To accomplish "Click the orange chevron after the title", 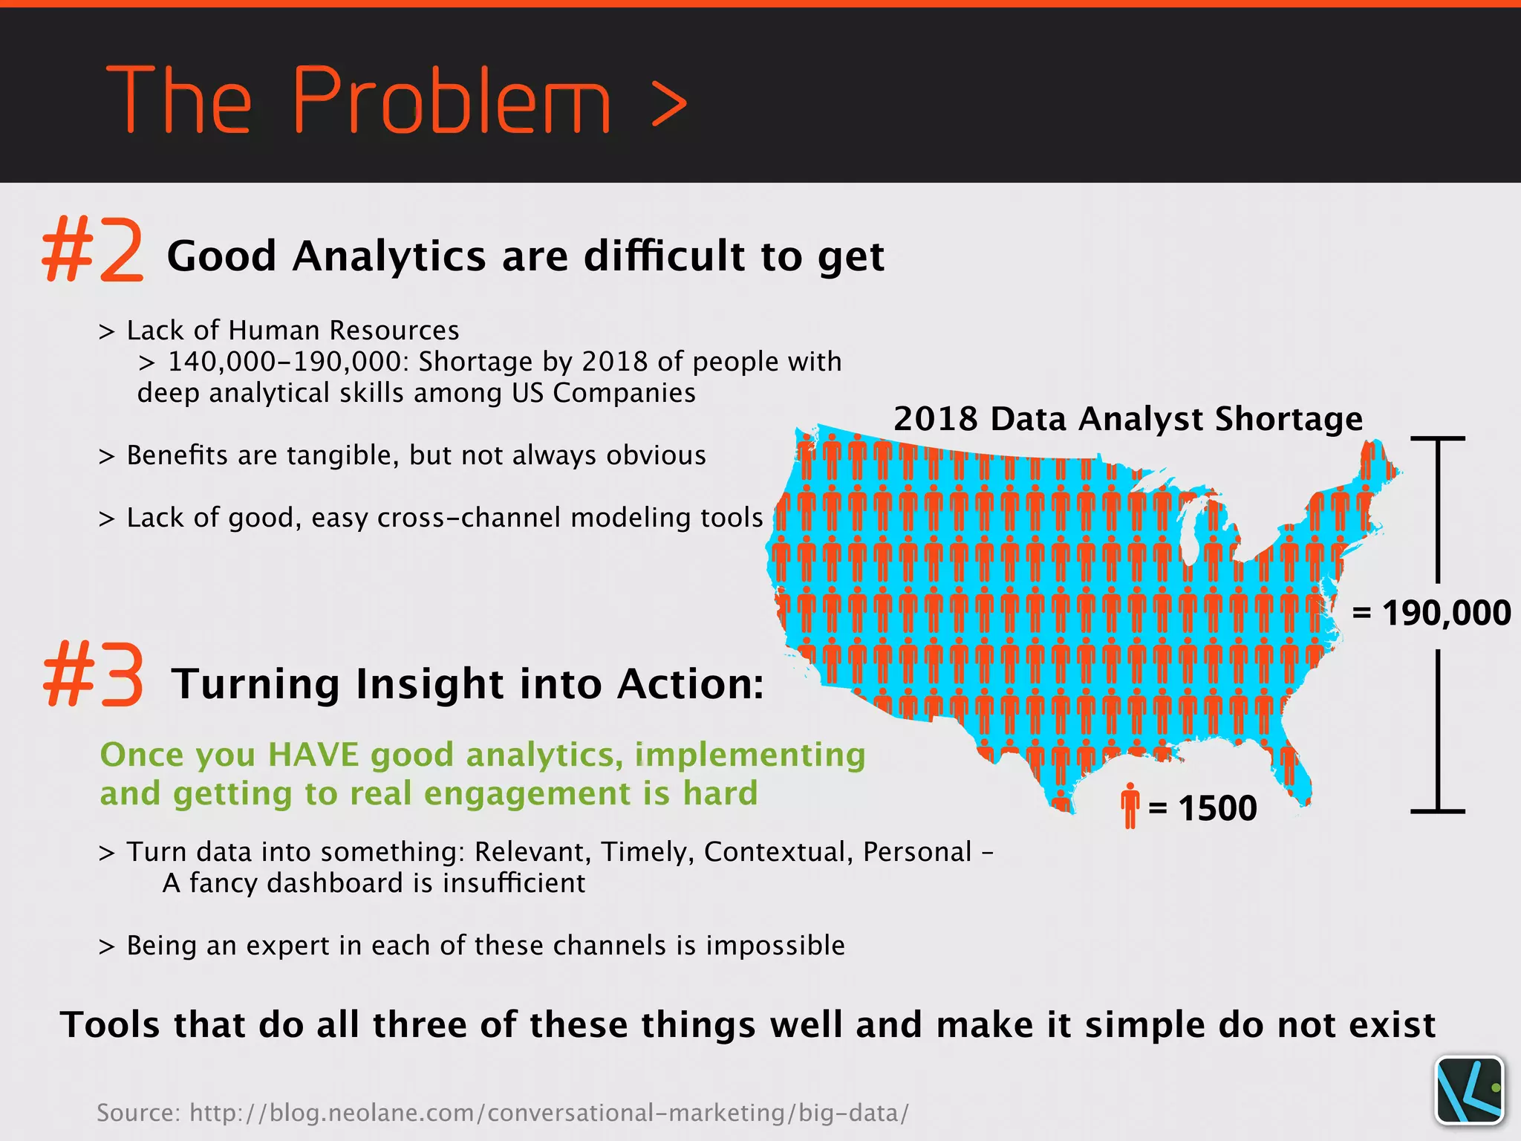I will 668,104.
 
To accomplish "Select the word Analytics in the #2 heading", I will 389,257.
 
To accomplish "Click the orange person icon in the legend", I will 1130,805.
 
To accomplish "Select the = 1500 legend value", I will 1203,808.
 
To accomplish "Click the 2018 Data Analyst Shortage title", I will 1127,419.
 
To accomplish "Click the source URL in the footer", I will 549,1113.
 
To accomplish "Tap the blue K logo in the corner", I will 1469,1090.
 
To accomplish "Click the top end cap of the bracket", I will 1438,439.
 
